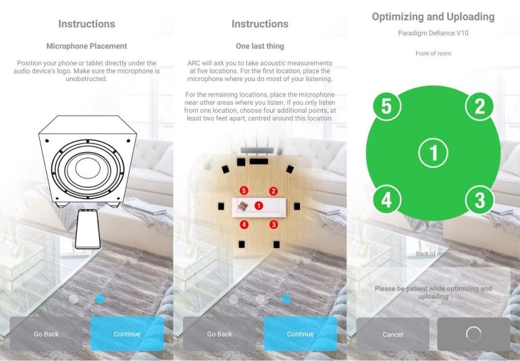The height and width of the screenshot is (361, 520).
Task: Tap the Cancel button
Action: click(392, 334)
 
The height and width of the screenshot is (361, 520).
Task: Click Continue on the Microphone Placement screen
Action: click(127, 334)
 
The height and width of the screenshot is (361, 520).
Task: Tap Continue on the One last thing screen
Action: click(300, 334)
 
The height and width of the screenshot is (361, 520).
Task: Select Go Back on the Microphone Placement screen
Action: click(46, 334)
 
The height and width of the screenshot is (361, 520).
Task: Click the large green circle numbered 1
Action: click(433, 153)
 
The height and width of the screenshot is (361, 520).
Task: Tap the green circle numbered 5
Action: click(386, 106)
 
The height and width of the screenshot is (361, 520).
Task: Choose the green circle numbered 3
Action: click(480, 200)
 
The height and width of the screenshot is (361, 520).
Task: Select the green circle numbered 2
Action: click(480, 106)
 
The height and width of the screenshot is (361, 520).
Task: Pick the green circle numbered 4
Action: click(386, 200)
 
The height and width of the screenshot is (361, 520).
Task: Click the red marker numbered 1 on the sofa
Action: click(259, 206)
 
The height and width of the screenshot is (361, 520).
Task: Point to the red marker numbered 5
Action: click(244, 191)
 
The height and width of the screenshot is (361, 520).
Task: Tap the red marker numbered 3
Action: click(274, 224)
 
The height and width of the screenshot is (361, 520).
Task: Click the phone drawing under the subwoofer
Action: click(88, 228)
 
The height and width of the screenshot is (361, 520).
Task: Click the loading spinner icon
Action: click(473, 334)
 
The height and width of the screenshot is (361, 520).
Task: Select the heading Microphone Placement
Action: click(86, 46)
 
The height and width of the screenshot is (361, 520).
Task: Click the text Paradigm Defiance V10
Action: click(433, 33)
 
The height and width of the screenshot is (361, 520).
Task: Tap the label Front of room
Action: click(433, 53)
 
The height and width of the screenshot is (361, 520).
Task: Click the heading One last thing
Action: click(260, 46)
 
